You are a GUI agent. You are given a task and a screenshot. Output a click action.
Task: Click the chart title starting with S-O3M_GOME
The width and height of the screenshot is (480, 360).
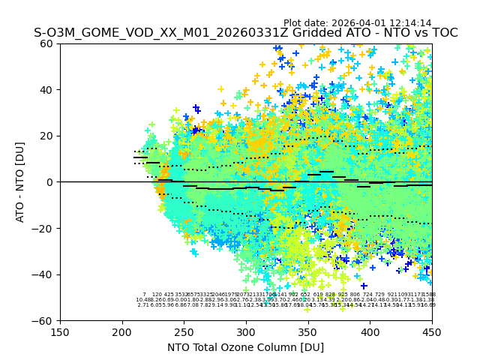click(x=245, y=33)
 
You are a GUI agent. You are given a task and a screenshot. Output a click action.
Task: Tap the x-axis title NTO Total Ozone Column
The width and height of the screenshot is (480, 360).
click(x=245, y=347)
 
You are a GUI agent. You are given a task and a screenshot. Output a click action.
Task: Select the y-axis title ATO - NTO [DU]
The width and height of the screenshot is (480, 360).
click(x=20, y=182)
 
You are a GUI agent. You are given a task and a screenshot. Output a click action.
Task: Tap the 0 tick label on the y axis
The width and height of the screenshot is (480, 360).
click(x=51, y=182)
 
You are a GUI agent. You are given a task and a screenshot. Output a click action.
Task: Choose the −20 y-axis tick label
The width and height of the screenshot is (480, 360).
click(x=45, y=228)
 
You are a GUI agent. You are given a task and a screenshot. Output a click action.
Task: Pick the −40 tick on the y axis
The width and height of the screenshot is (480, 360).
click(x=45, y=274)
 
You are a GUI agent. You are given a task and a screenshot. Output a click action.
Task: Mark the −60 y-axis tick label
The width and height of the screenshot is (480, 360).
click(x=45, y=320)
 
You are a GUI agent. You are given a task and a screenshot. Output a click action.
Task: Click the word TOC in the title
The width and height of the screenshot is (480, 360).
click(x=444, y=33)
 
